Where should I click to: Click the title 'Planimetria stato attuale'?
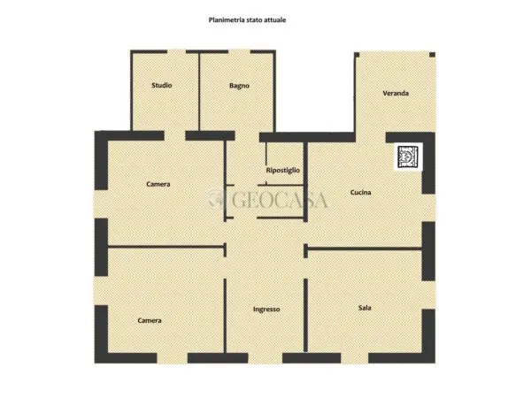coord(247,20)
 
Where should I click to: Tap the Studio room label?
coord(162,85)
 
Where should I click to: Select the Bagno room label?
coord(239,86)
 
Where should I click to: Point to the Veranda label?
coord(396,93)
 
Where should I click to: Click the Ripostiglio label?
coord(283,170)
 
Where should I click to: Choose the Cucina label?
coord(360,192)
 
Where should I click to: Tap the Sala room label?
coord(365,308)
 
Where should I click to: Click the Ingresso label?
coord(266,310)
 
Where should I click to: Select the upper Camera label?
coord(158,184)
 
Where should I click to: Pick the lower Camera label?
coord(150,320)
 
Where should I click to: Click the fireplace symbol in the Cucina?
coord(408,157)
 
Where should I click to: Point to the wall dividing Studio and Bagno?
coord(199,91)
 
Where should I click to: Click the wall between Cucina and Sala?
coord(365,249)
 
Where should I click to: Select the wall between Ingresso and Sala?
coord(305,316)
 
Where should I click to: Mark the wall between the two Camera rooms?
coord(166,247)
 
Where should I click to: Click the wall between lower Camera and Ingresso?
coord(225,316)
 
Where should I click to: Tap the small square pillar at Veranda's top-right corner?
coord(432,55)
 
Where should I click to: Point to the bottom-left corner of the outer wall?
coord(95,364)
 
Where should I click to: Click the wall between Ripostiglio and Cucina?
coord(305,181)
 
